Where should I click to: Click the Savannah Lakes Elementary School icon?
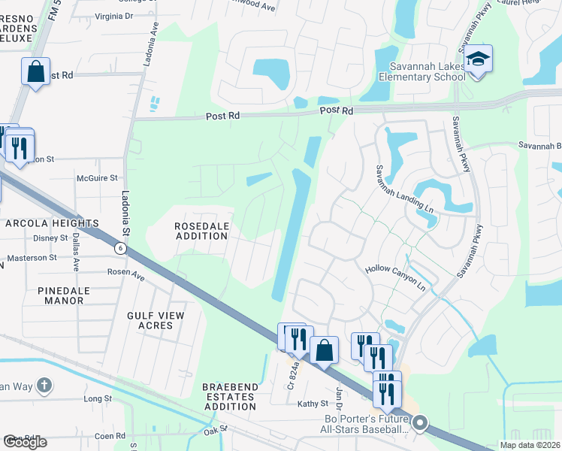477,59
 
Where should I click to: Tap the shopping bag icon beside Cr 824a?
324,350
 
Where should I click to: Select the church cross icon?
44,386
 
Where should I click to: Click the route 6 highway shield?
119,247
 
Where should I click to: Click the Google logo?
25,442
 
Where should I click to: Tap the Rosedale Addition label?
201,231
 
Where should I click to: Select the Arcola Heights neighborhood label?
53,223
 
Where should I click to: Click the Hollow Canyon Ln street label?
396,278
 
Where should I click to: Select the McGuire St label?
98,178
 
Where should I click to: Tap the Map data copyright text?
530,445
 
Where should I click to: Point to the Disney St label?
51,238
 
